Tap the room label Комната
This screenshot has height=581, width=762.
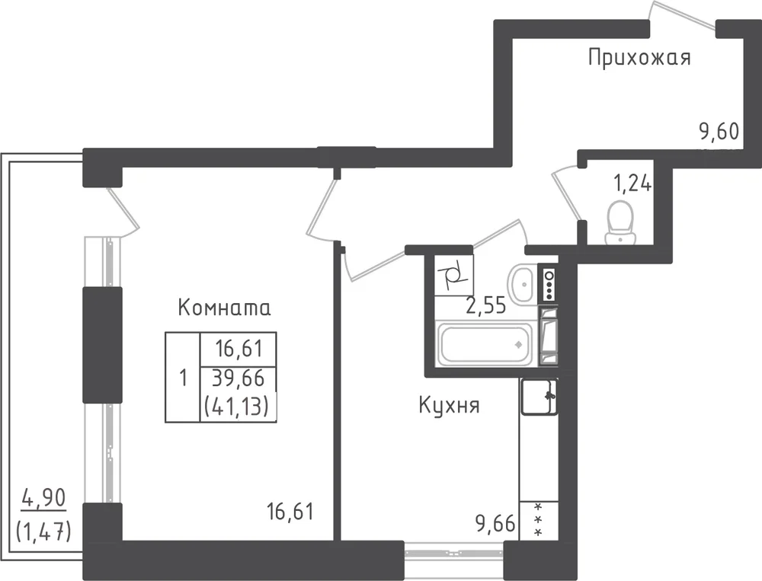225,308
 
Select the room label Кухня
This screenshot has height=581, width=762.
449,406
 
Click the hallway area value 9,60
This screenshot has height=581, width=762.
719,131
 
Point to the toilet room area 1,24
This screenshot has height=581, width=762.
632,184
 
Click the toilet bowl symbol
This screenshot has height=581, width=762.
620,223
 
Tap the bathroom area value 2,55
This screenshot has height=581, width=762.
486,306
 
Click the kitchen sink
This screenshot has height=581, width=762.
539,397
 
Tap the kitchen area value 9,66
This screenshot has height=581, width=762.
495,524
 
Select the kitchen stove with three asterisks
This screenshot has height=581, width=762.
539,521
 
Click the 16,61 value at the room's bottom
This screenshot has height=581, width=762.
290,512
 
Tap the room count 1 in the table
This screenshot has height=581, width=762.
183,378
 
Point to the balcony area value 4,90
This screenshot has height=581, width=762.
43,498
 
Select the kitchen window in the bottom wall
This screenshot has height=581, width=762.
454,552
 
